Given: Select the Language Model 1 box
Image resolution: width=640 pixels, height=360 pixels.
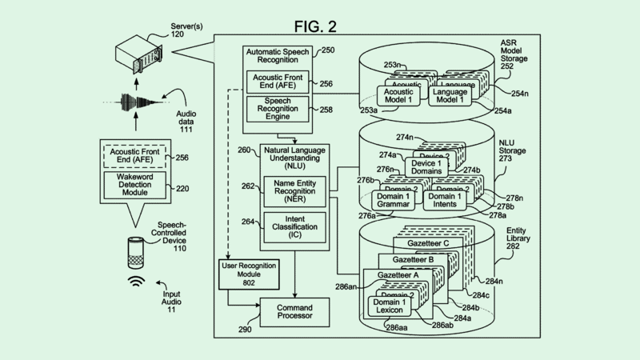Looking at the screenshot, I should (x=450, y=97).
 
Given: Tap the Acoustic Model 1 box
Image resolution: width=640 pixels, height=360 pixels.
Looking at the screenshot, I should (x=397, y=97).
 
